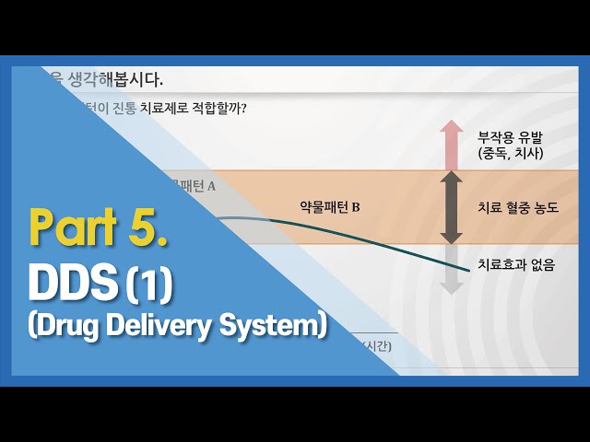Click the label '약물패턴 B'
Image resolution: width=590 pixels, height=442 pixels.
click(x=330, y=207)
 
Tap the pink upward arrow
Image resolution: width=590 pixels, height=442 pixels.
click(x=451, y=145)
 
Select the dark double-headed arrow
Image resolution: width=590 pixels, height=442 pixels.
click(x=451, y=207)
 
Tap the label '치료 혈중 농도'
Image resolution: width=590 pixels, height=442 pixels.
click(x=518, y=207)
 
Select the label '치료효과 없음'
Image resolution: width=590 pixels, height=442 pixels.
click(x=516, y=265)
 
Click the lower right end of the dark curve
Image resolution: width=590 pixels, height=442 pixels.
click(x=466, y=268)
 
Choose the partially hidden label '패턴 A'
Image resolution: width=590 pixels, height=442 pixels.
click(x=197, y=185)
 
